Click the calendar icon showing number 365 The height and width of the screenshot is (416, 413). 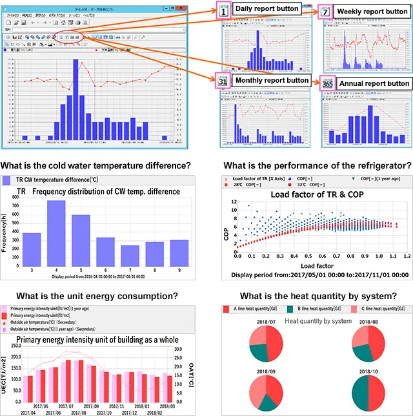click(x=327, y=83)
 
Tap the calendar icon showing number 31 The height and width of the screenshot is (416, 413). click(x=222, y=81)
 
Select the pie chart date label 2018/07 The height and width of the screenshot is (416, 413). click(x=266, y=321)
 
